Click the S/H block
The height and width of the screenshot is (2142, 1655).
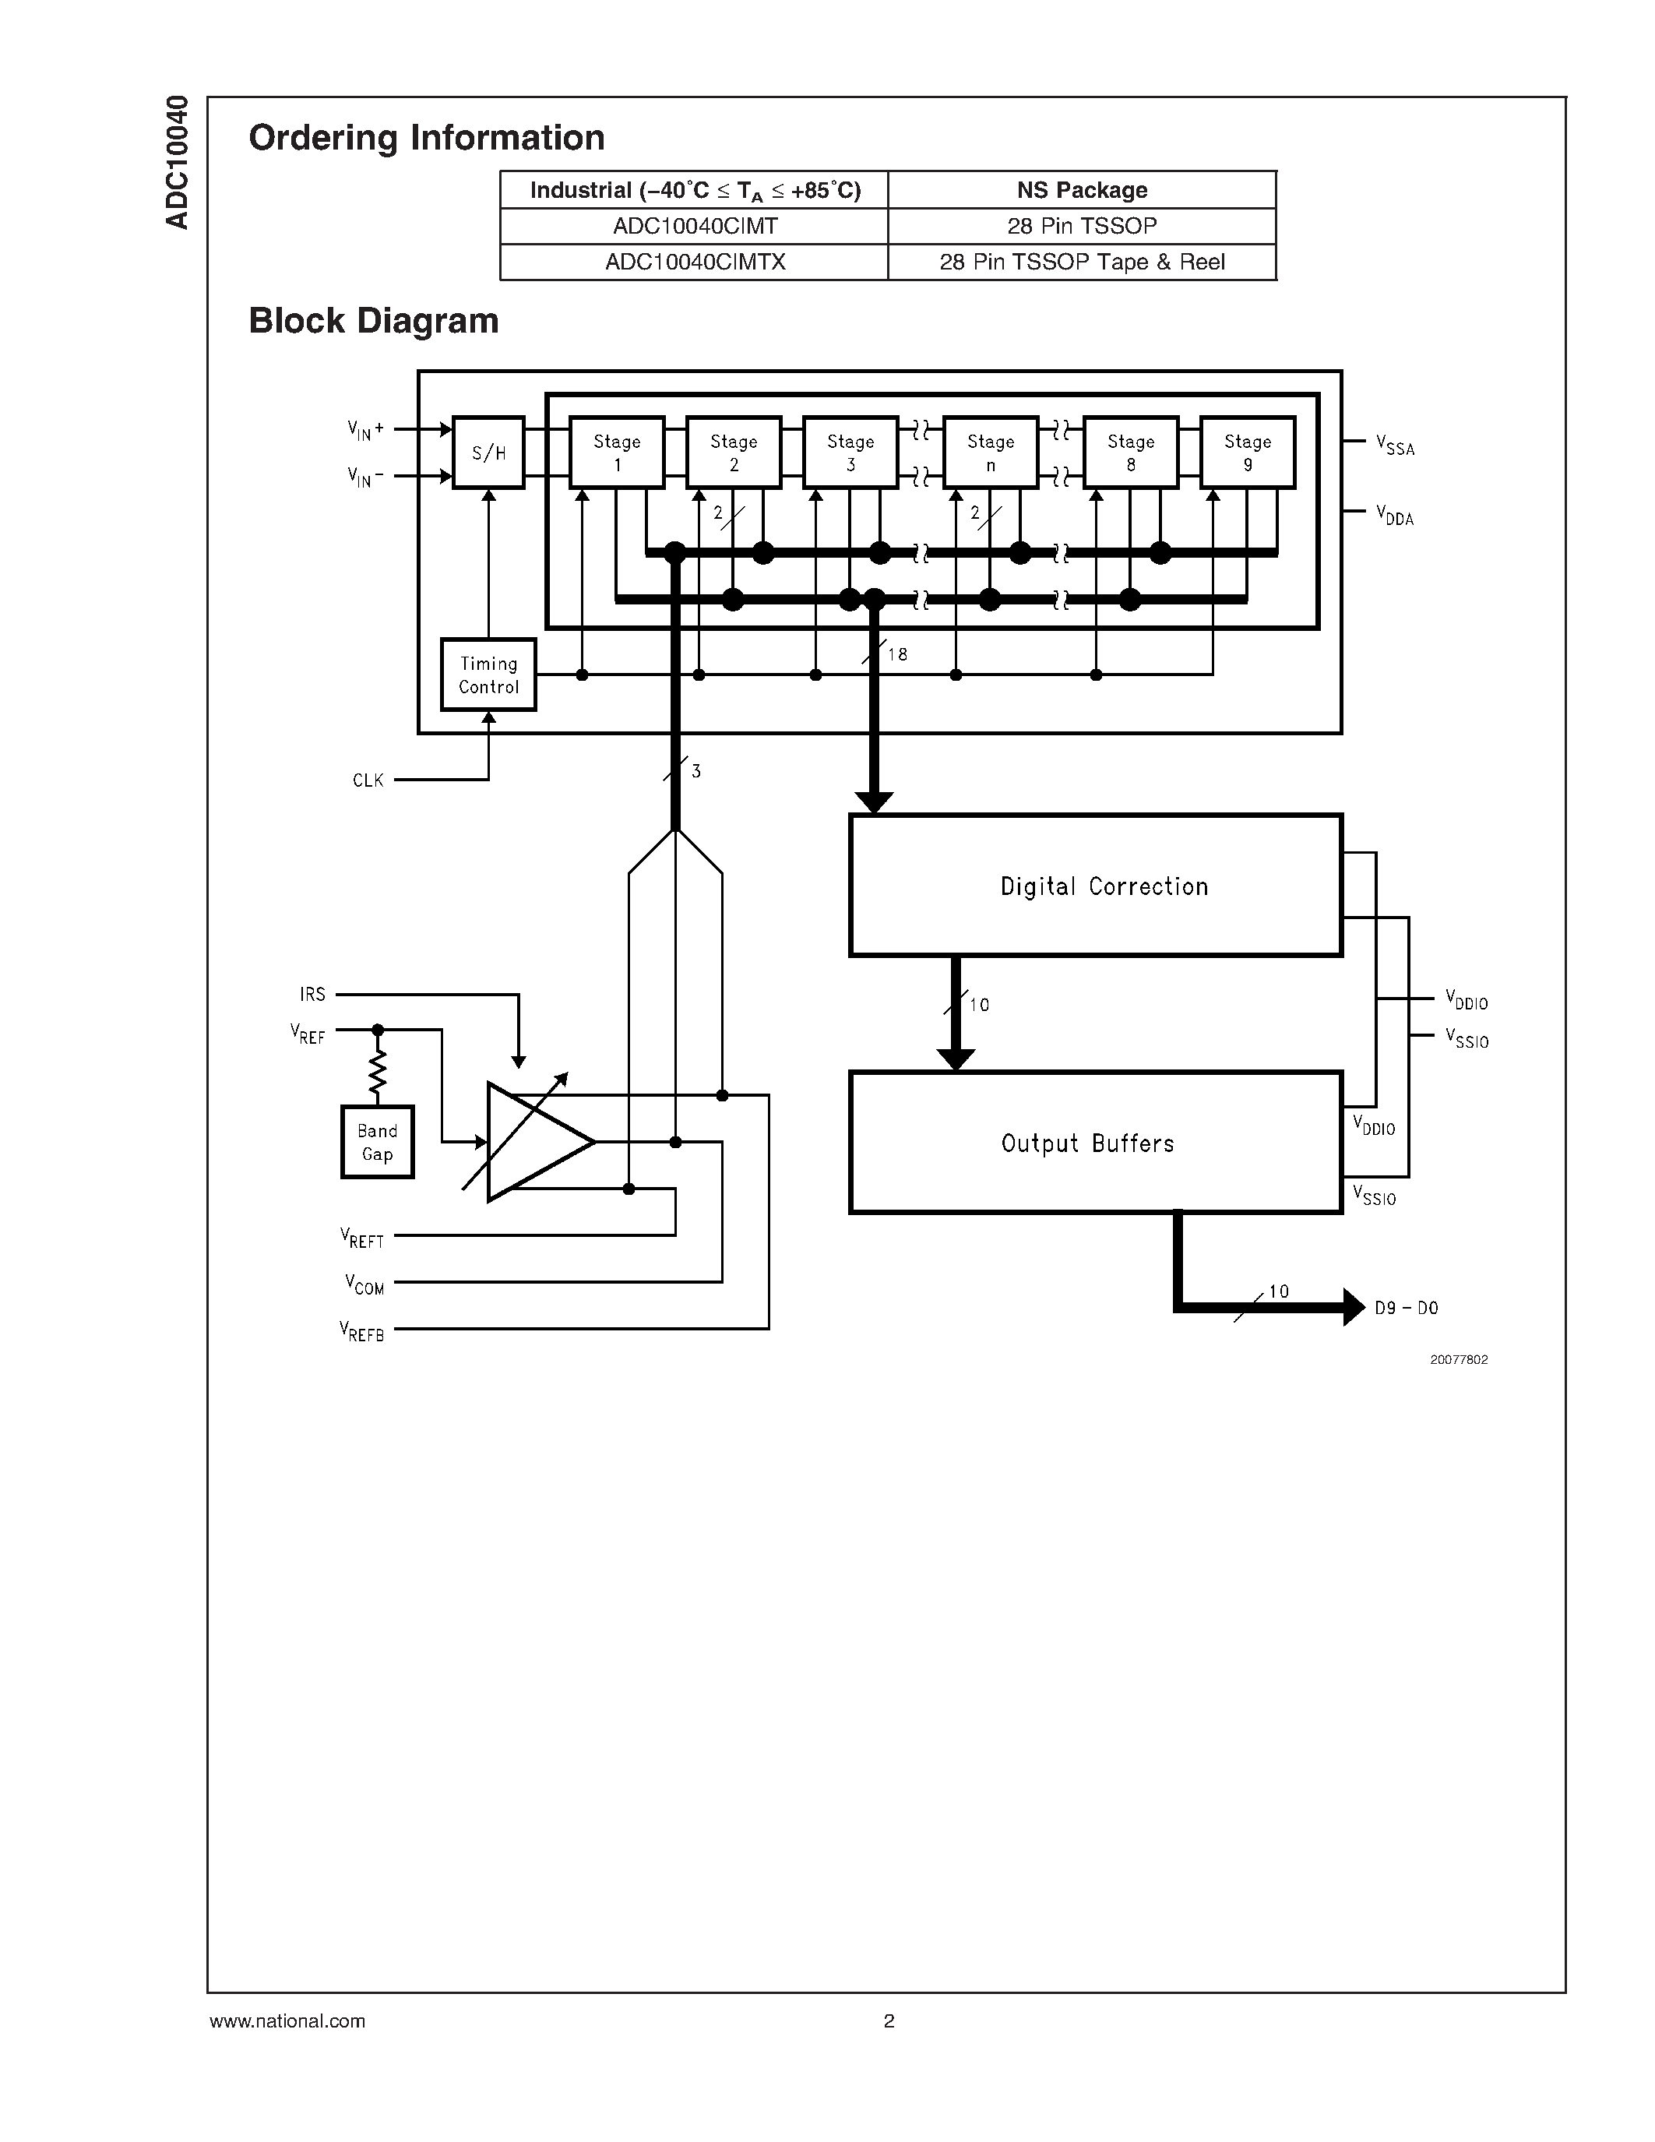(488, 452)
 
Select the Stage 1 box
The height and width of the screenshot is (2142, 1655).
(617, 452)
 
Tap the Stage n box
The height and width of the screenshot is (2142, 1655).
(990, 452)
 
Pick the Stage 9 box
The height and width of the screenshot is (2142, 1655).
(1247, 452)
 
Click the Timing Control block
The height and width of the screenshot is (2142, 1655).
(488, 675)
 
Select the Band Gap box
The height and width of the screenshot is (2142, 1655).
(378, 1142)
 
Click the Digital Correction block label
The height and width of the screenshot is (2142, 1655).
(1104, 886)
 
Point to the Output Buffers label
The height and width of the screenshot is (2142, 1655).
(1087, 1143)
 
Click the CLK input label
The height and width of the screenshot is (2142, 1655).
(368, 780)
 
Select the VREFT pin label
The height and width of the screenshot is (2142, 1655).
(362, 1238)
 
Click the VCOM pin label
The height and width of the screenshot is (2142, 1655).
(364, 1284)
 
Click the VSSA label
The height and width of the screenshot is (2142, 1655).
(1394, 446)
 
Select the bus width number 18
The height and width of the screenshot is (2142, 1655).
(897, 654)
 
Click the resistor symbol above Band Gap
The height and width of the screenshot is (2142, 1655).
(378, 1073)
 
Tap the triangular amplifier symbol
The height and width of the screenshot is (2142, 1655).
(534, 1142)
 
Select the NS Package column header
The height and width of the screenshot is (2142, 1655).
(1082, 190)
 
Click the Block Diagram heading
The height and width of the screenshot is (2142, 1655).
(374, 321)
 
